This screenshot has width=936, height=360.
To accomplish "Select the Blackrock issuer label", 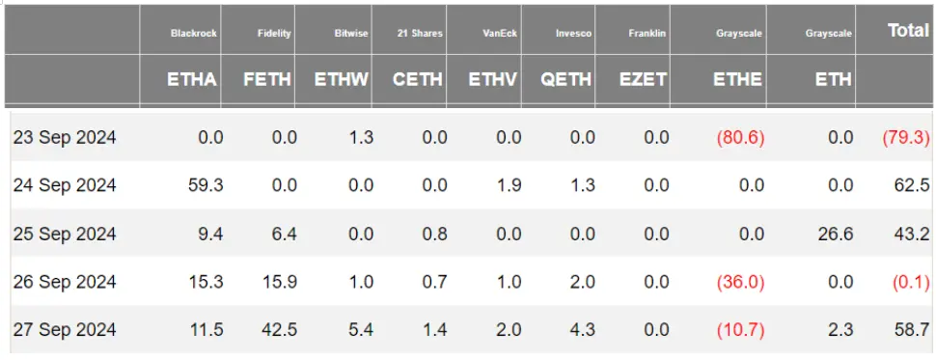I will pyautogui.click(x=194, y=34).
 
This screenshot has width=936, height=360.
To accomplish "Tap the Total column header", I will pyautogui.click(x=907, y=31).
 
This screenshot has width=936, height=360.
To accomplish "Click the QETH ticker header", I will pyautogui.click(x=566, y=80).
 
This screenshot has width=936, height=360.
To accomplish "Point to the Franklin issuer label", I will pyautogui.click(x=647, y=34).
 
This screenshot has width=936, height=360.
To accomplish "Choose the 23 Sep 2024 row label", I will pyautogui.click(x=65, y=138).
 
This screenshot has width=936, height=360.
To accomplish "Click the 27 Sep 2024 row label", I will pyautogui.click(x=65, y=330).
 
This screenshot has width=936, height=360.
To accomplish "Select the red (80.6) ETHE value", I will pyautogui.click(x=740, y=138).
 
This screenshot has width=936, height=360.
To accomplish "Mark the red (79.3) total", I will pyautogui.click(x=906, y=138).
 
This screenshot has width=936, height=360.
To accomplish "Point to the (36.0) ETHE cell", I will pyautogui.click(x=740, y=282).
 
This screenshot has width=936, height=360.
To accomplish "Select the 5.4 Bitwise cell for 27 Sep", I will pyautogui.click(x=360, y=330).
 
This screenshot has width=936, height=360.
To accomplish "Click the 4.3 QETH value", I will pyautogui.click(x=582, y=330).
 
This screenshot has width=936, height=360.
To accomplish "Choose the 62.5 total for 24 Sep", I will pyautogui.click(x=911, y=185).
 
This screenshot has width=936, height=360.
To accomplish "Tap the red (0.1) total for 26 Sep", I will pyautogui.click(x=909, y=282).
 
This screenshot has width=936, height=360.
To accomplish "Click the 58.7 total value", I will pyautogui.click(x=911, y=330).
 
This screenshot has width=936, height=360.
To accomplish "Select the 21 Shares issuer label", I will pyautogui.click(x=420, y=34).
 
